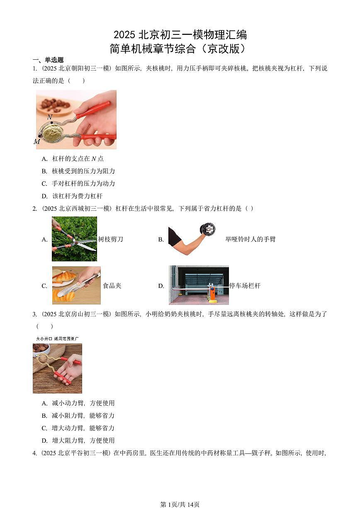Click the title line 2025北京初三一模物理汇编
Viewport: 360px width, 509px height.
[x=180, y=34]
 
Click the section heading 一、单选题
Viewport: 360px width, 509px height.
[x=48, y=60]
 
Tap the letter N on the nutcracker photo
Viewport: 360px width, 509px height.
[x=50, y=117]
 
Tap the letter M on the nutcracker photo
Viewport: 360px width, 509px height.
[x=37, y=141]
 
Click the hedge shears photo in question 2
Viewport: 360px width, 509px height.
[x=74, y=239]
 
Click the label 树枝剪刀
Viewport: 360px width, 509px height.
[x=110, y=239]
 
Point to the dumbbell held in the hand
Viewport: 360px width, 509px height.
[x=207, y=229]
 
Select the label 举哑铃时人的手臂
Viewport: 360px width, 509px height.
[x=250, y=239]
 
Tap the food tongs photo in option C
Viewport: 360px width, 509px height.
[x=76, y=285]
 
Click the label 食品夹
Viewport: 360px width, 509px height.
[x=112, y=286]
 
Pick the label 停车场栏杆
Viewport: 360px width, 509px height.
[x=245, y=286]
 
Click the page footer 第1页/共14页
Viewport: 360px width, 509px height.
[x=180, y=504]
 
